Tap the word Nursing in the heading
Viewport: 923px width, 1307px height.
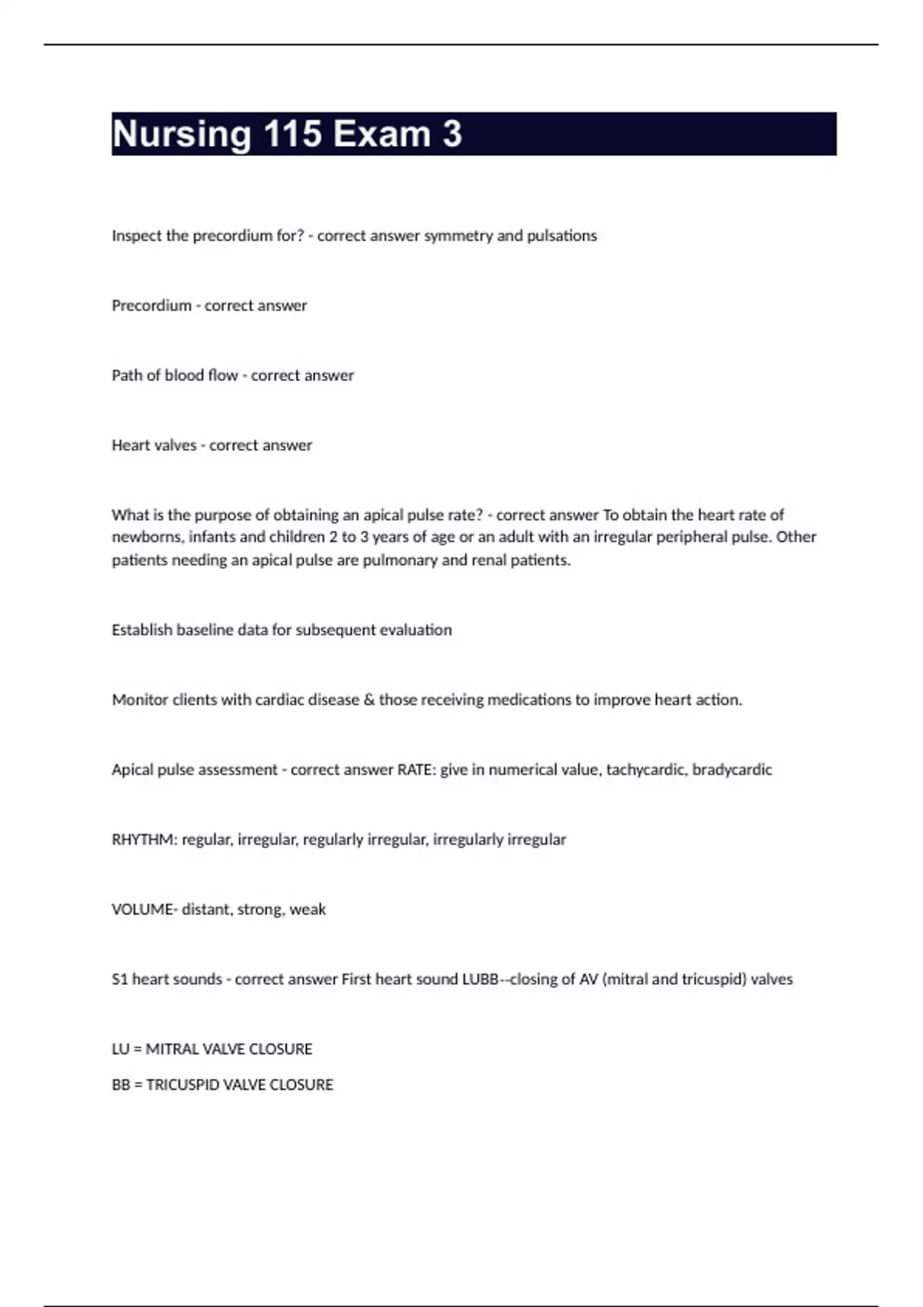click(x=182, y=135)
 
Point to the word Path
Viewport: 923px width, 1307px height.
click(x=127, y=376)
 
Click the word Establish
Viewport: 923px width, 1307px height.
click(x=142, y=630)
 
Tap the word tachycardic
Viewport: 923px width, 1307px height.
click(x=646, y=770)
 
